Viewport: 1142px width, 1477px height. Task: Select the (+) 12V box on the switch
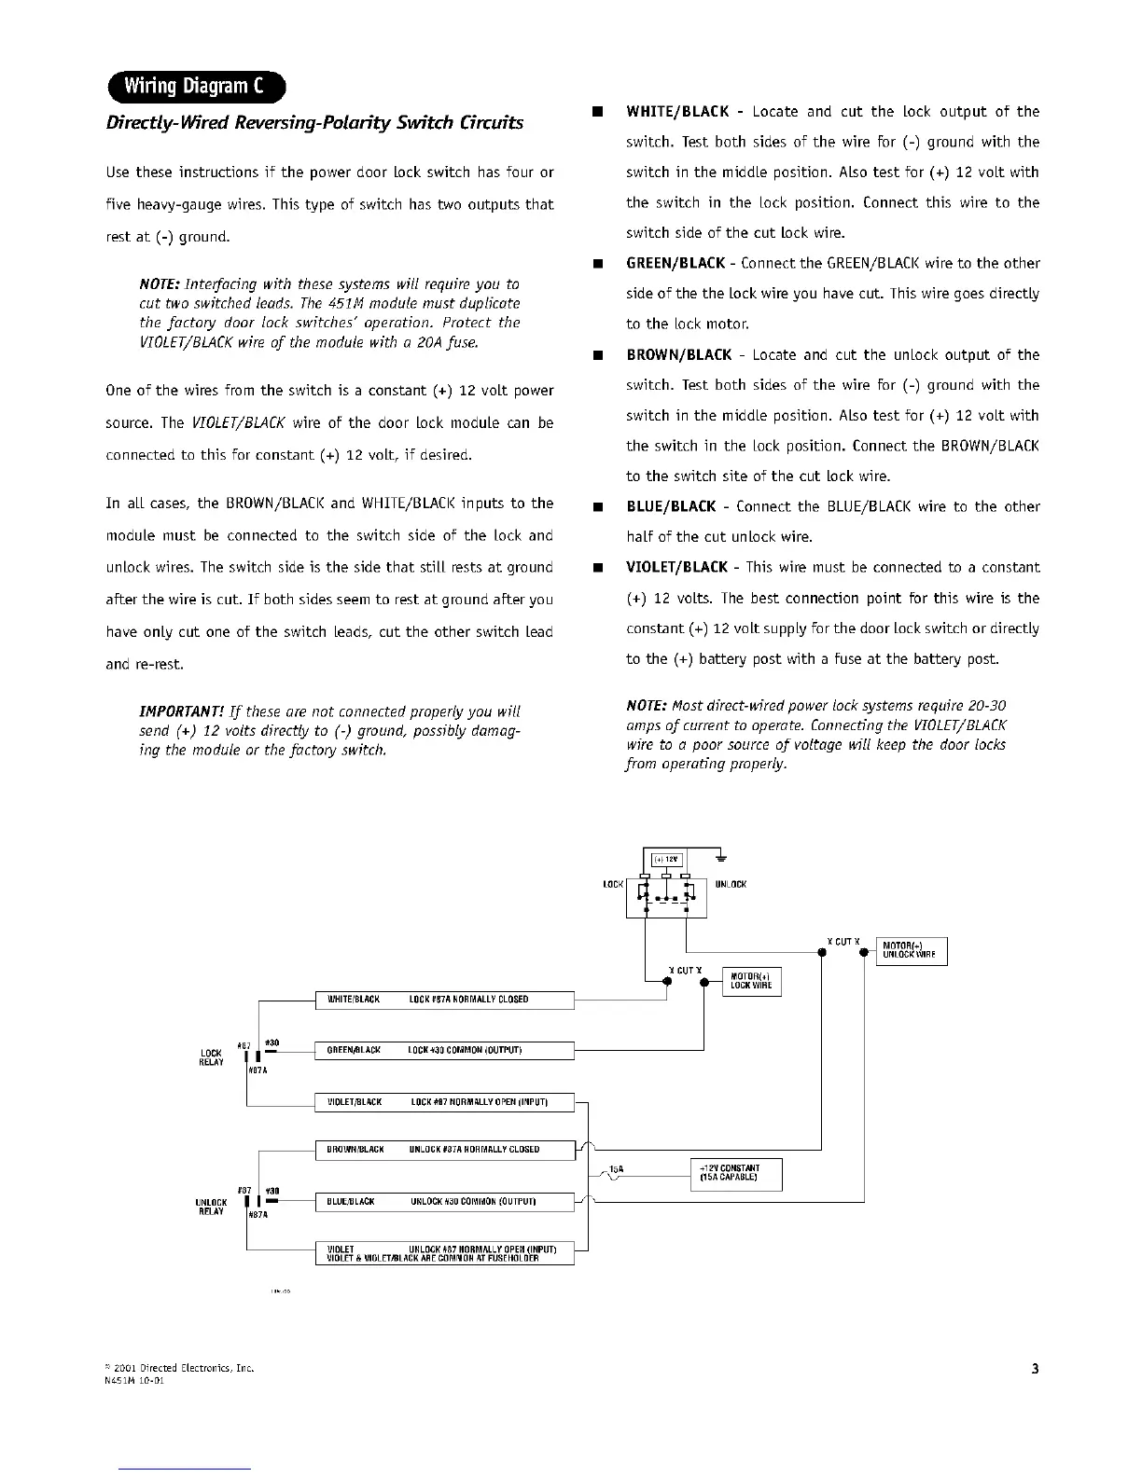667,860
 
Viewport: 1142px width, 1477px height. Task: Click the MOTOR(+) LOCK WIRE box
752,982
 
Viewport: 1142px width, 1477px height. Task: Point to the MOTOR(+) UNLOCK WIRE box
911,951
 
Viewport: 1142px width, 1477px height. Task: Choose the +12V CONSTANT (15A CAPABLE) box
735,1173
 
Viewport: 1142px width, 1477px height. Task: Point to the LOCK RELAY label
211,1057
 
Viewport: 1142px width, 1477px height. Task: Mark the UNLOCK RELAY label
211,1207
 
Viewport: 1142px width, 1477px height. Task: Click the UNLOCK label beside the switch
731,884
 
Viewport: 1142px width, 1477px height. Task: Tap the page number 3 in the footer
1035,1369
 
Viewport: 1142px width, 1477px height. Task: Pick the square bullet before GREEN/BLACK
593,264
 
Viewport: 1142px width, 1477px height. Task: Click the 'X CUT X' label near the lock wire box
686,971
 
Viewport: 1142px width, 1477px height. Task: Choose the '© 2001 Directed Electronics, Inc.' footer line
180,1369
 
